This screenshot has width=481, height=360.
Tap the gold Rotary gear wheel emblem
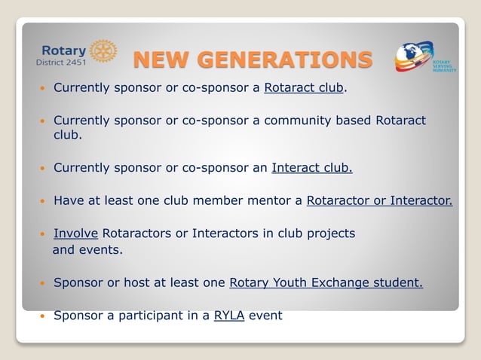point(103,51)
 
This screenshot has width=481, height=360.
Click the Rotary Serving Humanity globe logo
point(415,57)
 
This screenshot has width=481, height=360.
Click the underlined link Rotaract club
point(304,87)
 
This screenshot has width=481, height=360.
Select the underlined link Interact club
point(311,167)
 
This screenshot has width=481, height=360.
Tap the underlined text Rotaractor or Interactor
point(379,200)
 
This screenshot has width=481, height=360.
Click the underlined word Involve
point(75,233)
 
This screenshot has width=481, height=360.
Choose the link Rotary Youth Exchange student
point(326,283)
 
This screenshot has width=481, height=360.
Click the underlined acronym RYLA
point(229,316)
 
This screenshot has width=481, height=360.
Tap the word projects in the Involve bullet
point(329,233)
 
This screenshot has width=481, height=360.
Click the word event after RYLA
point(265,316)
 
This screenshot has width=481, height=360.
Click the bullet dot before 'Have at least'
point(43,201)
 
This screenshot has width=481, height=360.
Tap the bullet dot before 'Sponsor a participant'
point(43,316)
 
